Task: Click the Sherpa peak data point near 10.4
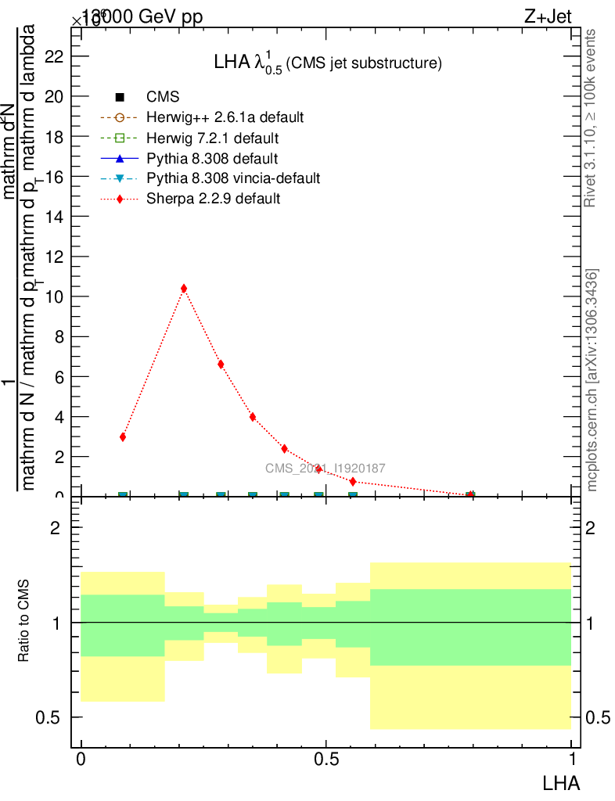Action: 184,289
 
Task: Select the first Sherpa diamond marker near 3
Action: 123,437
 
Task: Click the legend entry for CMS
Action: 163,97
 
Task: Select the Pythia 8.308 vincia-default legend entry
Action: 233,178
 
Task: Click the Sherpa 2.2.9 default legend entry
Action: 213,199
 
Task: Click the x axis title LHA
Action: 561,781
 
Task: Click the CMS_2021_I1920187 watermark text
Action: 325,469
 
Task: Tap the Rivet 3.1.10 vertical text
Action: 591,117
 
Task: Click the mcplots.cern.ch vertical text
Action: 592,379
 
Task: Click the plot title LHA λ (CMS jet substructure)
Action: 329,63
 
